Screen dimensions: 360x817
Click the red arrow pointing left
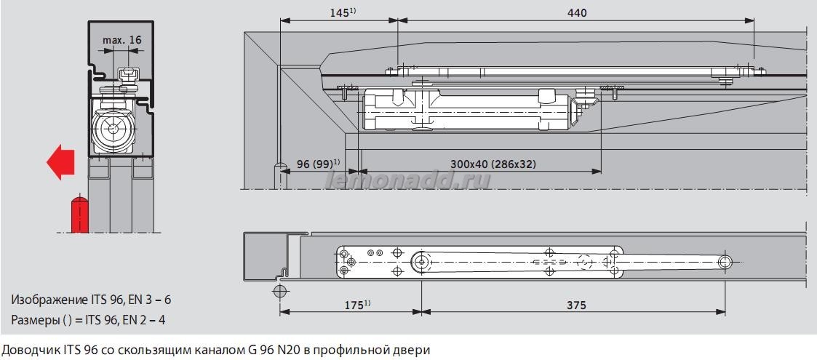tap(60, 161)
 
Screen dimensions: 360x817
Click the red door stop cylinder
tap(79, 212)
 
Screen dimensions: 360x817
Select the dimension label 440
tap(577, 12)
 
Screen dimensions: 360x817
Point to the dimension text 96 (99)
tap(314, 164)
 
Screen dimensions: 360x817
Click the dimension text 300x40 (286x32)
tap(493, 164)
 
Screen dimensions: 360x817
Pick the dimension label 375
tap(575, 306)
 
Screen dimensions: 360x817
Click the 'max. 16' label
tap(121, 40)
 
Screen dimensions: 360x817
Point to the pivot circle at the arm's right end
tap(725, 262)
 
